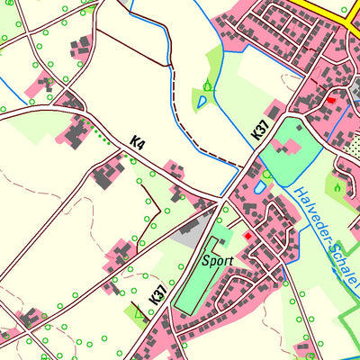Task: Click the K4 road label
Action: pos(137,141)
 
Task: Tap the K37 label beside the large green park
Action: pos(259,130)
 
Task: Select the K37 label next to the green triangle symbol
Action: pos(158,295)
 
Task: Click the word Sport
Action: pos(218,261)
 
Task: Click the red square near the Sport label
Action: pos(248,236)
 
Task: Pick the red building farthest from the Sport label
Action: pos(331,101)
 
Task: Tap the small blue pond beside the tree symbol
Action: pos(202,103)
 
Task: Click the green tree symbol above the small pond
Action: pos(208,86)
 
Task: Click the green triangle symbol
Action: pos(138,313)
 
